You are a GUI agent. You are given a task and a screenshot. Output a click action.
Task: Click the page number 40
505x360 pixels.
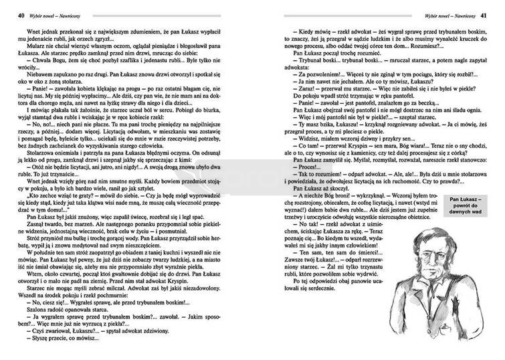13,14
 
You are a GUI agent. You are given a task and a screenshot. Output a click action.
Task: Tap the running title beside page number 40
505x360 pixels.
49,14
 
